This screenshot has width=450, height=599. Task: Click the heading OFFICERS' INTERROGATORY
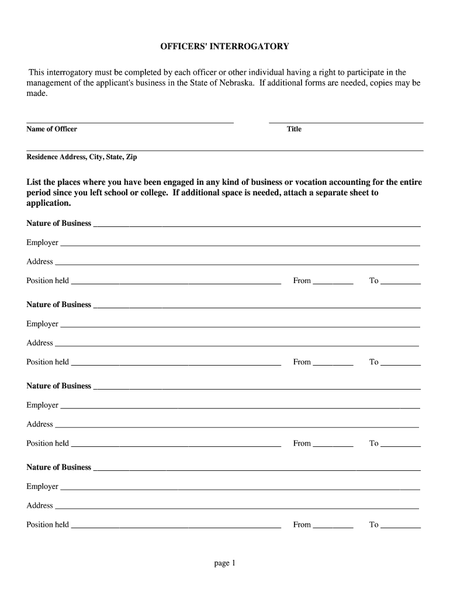pos(225,46)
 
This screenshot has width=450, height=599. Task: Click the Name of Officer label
pos(51,129)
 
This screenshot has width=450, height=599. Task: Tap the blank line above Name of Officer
pos(130,121)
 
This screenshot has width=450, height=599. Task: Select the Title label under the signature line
pos(294,129)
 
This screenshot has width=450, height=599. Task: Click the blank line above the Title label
pos(345,121)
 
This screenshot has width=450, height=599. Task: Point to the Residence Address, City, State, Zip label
pos(82,157)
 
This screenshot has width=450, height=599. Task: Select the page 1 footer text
pos(224,563)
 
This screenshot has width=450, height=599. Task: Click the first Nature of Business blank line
pos(257,225)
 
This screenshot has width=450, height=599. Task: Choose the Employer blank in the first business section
pos(240,245)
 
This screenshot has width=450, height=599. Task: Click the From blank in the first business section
pos(333,283)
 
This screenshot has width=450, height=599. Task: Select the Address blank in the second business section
pos(236,345)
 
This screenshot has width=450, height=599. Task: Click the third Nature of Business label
pos(58,385)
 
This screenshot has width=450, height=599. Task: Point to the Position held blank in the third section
pos(175,445)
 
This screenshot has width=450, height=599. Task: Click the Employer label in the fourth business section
pos(42,486)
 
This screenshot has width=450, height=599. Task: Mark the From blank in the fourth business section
pos(333,526)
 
